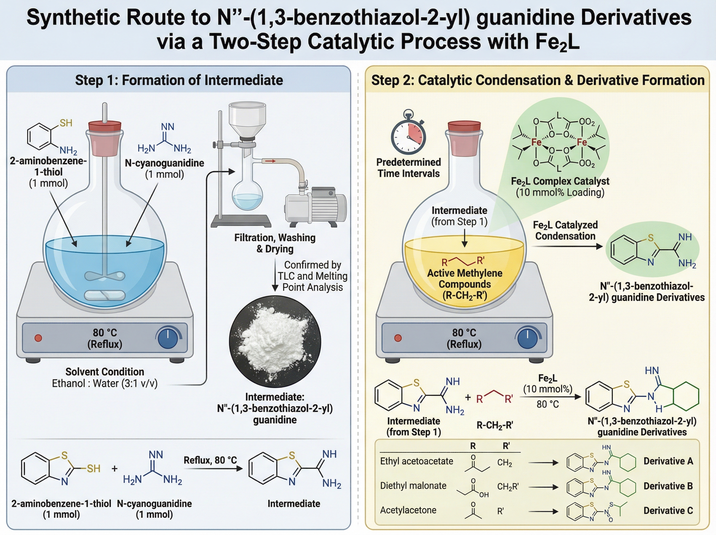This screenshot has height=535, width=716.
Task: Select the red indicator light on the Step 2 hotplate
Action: [398, 338]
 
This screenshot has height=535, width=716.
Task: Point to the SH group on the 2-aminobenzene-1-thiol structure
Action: [66, 123]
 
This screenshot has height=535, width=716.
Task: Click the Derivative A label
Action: [668, 461]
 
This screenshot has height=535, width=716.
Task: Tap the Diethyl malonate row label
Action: [413, 486]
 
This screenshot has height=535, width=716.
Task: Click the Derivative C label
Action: [668, 511]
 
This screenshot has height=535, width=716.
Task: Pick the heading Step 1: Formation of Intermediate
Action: [179, 80]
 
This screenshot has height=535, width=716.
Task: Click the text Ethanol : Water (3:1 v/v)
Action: [104, 383]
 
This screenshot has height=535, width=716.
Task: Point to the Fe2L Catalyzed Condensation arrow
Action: [566, 246]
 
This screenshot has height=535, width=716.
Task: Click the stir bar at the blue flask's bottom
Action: [104, 295]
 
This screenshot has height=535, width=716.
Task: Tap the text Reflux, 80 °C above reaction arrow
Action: [210, 460]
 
